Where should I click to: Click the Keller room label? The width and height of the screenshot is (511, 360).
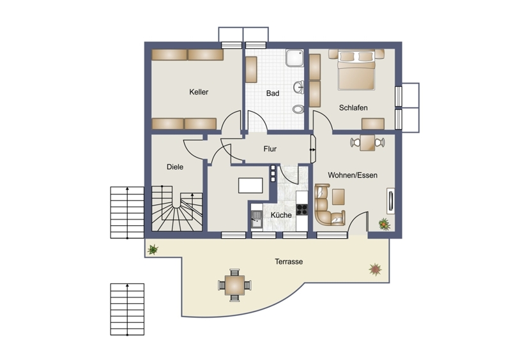point(199,92)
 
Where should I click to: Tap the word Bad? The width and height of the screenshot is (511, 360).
point(273,93)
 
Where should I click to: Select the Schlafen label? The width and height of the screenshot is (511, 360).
point(353,107)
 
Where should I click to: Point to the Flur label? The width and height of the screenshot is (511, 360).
point(270,149)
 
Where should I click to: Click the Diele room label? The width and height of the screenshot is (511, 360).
point(175,167)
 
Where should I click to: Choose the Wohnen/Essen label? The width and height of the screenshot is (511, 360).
point(353,175)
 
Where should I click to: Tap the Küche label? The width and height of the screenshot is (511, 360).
point(281,215)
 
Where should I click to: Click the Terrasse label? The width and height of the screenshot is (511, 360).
point(289,262)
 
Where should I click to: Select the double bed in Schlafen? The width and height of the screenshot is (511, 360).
point(356,70)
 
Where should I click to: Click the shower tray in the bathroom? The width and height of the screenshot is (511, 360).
point(295,58)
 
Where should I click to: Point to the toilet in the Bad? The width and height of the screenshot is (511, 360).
point(298,109)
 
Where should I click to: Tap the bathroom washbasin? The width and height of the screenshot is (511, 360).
point(299,87)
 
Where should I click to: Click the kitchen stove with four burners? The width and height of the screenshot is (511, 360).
point(302,209)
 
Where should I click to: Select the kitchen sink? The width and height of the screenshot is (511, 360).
point(257,219)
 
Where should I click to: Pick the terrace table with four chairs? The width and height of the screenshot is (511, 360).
point(234,285)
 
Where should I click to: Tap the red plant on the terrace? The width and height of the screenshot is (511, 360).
point(376,269)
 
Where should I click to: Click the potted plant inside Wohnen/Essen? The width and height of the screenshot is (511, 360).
point(385,224)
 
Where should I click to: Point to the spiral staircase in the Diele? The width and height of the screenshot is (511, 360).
point(177,209)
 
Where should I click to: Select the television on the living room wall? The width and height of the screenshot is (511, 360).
point(390,200)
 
